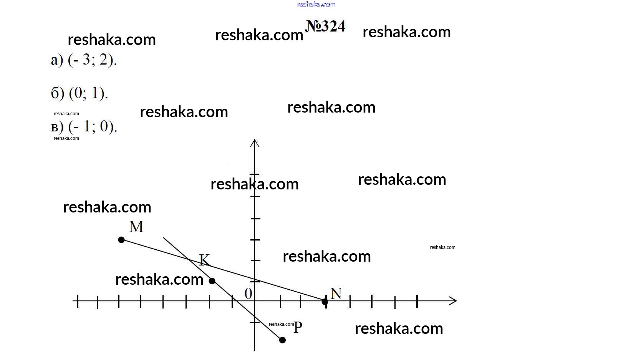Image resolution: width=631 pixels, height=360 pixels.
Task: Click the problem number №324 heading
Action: [325, 27]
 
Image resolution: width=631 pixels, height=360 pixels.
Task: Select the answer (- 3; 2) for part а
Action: [92, 60]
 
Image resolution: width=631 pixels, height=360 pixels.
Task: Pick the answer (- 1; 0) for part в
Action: [93, 126]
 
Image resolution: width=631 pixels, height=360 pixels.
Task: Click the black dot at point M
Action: [121, 240]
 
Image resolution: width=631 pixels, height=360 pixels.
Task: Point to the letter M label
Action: [136, 227]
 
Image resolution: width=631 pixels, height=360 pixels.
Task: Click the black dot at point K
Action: [212, 281]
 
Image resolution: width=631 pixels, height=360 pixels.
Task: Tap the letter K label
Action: [204, 260]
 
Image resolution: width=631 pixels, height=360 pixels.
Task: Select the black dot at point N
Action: [325, 302]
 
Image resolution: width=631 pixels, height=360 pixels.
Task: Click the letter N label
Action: [336, 294]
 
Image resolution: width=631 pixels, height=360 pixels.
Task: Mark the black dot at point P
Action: [282, 340]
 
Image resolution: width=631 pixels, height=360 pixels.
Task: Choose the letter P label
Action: [298, 328]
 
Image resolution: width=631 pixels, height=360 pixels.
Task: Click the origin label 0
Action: [248, 294]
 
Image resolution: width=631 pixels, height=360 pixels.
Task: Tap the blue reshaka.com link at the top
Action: [316, 4]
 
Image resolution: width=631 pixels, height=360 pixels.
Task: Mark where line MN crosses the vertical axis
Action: [255, 280]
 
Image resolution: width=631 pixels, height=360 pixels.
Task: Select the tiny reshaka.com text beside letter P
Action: [281, 324]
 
